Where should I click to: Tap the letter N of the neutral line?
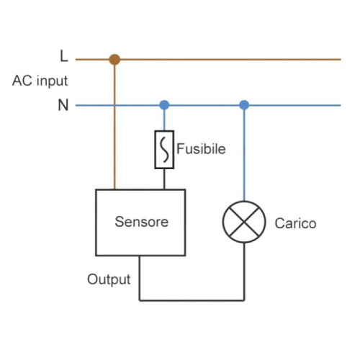(x=63, y=105)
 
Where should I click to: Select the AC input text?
(x=40, y=81)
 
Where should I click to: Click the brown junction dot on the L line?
(x=114, y=59)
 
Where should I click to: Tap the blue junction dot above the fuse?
(x=164, y=105)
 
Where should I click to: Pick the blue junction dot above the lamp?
(x=244, y=105)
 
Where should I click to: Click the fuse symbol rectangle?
(x=164, y=150)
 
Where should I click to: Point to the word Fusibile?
(x=201, y=150)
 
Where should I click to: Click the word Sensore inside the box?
(x=141, y=222)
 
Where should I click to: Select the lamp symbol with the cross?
(x=244, y=222)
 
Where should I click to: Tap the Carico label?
(x=295, y=223)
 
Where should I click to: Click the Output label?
(x=109, y=279)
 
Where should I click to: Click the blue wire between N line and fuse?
(x=164, y=120)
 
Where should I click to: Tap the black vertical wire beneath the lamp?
(x=244, y=274)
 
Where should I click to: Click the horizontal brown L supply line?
(x=230, y=59)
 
